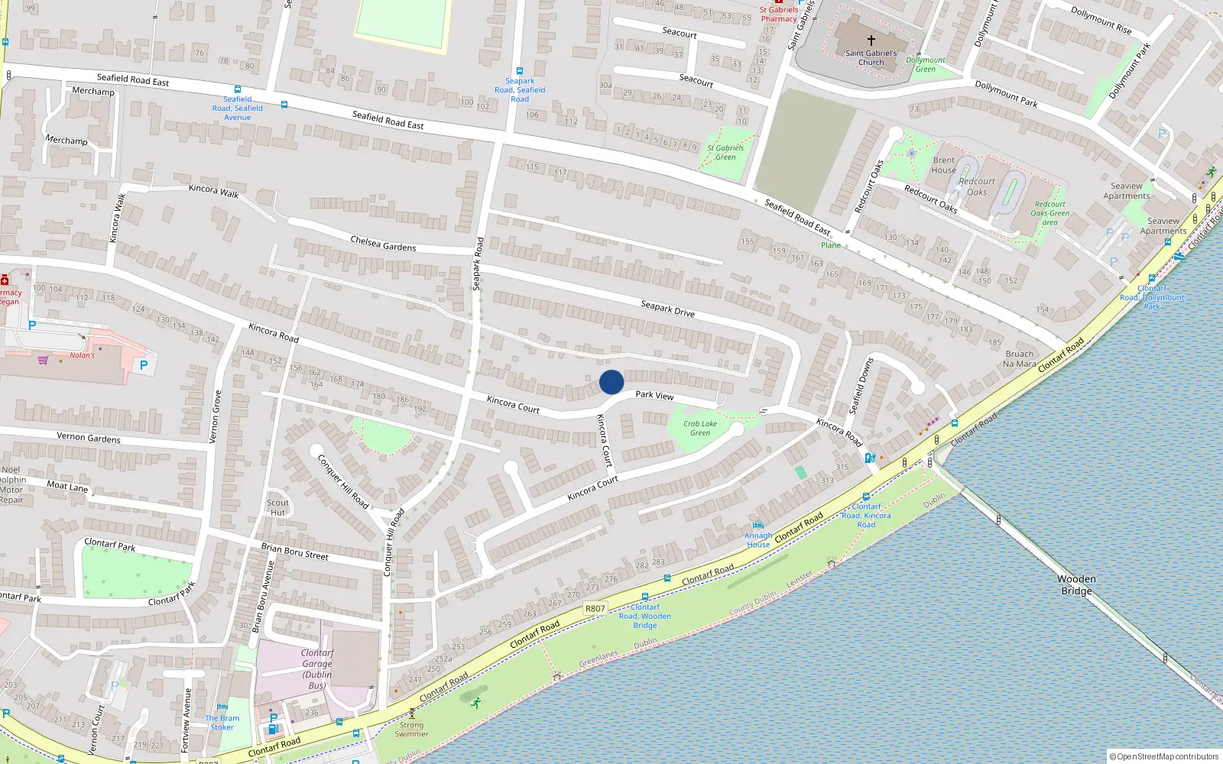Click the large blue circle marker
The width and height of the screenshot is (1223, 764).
point(611,382)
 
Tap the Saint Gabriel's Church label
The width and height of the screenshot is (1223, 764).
point(871,58)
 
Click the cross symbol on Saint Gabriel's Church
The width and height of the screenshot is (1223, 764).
point(871,40)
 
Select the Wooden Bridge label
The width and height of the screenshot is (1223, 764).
point(1076,585)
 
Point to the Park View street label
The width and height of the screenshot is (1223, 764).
point(654,395)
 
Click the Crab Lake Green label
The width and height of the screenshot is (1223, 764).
point(700,428)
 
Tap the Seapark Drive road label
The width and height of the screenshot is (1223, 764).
point(667,308)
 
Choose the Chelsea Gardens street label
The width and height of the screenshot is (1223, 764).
point(383,244)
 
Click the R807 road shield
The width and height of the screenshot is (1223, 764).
point(595,609)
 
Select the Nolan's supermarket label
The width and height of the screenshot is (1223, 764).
point(82,355)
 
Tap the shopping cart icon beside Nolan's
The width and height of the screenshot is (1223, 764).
point(43,360)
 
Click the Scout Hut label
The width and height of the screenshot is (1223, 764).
point(277,507)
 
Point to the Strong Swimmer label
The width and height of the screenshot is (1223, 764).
point(411,730)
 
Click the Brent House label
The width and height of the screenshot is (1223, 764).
point(943,165)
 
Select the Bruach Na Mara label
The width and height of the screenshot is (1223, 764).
point(1019,359)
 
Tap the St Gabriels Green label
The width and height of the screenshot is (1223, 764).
point(725,152)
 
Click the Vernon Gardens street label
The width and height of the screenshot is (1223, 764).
point(89,438)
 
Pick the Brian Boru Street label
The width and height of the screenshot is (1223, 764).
point(294,551)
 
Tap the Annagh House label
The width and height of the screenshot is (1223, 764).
point(758,540)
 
